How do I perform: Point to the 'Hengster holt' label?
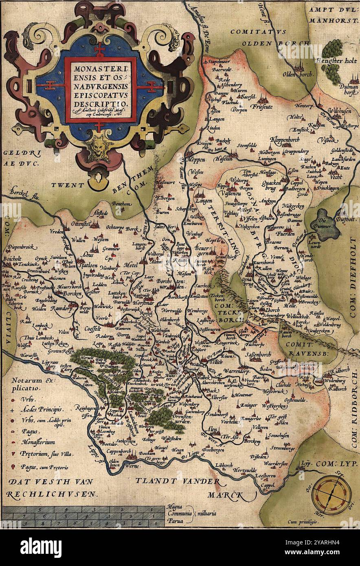point(336,61)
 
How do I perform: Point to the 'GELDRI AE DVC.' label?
point(19,159)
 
